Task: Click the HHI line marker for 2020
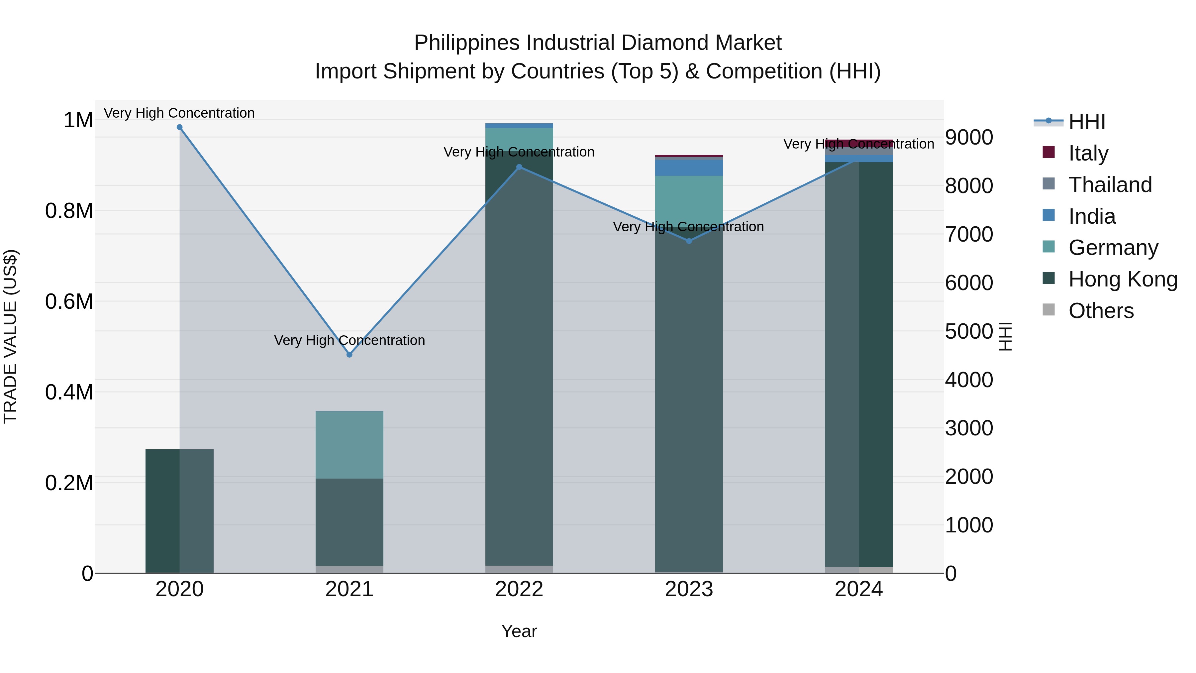tap(180, 127)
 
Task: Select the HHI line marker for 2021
tap(349, 354)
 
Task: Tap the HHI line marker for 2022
tap(519, 167)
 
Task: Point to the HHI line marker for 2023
tap(689, 241)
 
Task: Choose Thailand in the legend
tap(1110, 185)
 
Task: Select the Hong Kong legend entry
tap(1122, 279)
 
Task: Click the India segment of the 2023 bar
tap(689, 168)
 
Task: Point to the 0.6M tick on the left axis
tap(69, 301)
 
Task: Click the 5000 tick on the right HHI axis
tap(969, 331)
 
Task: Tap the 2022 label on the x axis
tap(519, 589)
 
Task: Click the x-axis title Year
tap(519, 631)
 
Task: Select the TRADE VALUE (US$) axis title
tap(10, 336)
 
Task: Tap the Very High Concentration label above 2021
tap(349, 340)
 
